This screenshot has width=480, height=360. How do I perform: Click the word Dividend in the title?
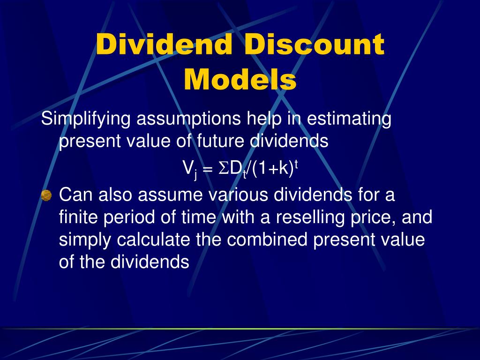(165, 45)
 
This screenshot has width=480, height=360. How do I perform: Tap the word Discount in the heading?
(314, 45)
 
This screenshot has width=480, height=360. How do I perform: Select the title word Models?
(240, 80)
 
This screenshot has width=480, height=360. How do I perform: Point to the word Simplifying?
(86, 120)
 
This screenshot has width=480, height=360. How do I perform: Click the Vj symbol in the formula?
(189, 169)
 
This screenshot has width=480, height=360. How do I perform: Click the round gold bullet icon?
(46, 195)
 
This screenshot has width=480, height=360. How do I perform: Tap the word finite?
(79, 217)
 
